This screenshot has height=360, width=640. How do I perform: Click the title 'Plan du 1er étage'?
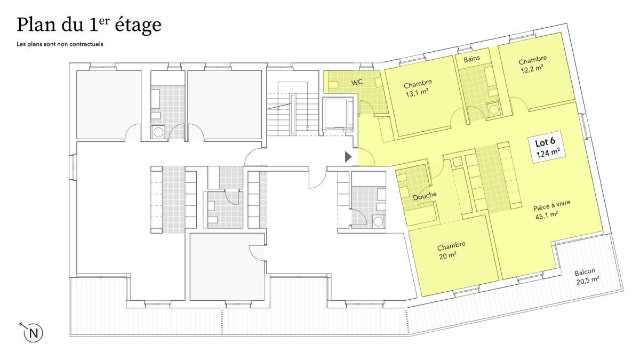pyautogui.click(x=89, y=25)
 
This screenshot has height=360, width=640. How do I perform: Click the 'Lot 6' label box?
pyautogui.click(x=547, y=147)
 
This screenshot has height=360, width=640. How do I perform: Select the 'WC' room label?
pyautogui.click(x=357, y=82)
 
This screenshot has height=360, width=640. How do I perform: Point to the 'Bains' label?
pyautogui.click(x=471, y=59)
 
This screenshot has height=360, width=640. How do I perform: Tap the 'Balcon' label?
pyautogui.click(x=585, y=271)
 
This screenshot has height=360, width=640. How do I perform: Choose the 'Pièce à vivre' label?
pyautogui.click(x=552, y=205)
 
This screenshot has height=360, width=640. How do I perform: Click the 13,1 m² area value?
pyautogui.click(x=417, y=93)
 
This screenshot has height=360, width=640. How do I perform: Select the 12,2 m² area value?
pyautogui.click(x=532, y=69)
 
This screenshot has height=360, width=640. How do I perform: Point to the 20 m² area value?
pyautogui.click(x=447, y=255)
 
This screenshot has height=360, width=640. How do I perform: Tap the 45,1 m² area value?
pyautogui.click(x=547, y=215)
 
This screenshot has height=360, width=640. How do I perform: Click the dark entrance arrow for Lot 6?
pyautogui.click(x=348, y=157)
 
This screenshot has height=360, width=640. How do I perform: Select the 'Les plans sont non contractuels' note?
pyautogui.click(x=60, y=44)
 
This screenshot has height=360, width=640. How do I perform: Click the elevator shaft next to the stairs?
pyautogui.click(x=338, y=114)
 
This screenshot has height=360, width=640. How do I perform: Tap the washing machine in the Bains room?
pyautogui.click(x=493, y=109)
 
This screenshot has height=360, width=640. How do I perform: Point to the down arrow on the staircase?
pyautogui.click(x=307, y=129)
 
